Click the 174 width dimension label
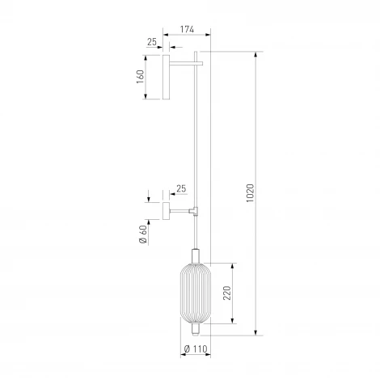(x=187, y=29)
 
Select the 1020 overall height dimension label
(x=250, y=193)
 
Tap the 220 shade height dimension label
(x=227, y=293)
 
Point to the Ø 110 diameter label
(x=196, y=348)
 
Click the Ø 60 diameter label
(x=143, y=234)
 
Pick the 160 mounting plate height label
(x=140, y=77)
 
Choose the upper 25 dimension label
(x=152, y=42)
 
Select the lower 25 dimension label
(x=181, y=188)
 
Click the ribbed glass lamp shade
(x=196, y=293)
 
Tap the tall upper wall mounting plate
(x=166, y=77)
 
